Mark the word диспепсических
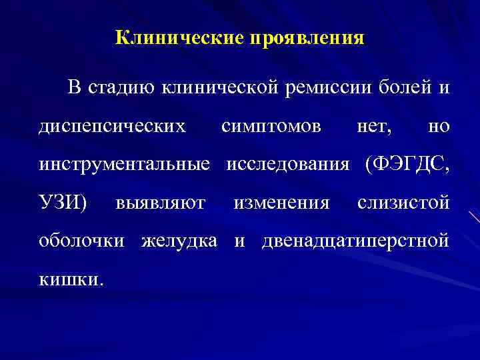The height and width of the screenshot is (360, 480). pyautogui.click(x=112, y=127)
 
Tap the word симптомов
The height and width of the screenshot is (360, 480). pyautogui.click(x=271, y=126)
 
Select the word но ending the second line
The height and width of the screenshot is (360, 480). pyautogui.click(x=438, y=126)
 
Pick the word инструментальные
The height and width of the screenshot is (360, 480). pyautogui.click(x=125, y=165)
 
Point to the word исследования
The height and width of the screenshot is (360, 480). pyautogui.click(x=288, y=165)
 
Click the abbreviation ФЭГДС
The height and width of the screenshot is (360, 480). pyautogui.click(x=407, y=165)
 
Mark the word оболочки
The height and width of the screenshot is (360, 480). pyautogui.click(x=81, y=241)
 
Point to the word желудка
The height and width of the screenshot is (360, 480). pyautogui.click(x=179, y=241)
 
